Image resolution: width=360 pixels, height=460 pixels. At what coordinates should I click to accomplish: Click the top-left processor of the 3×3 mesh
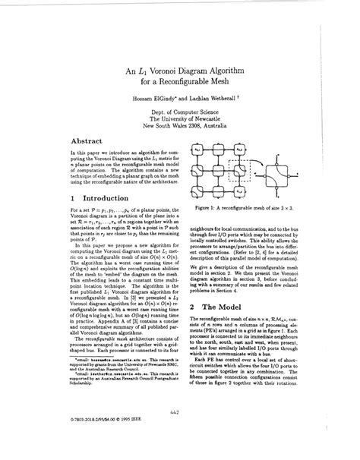[203, 150]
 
